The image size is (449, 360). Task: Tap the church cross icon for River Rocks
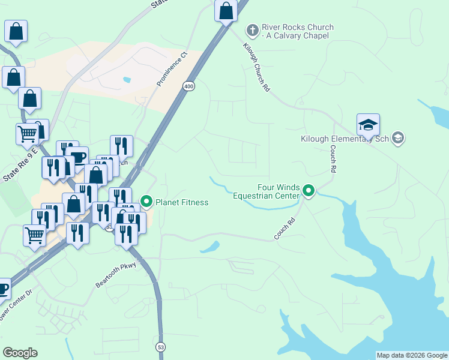click(253, 28)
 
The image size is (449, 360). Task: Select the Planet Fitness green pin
click(145, 202)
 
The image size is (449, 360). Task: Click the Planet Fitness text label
click(182, 202)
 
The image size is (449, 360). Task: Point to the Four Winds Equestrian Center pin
click(309, 191)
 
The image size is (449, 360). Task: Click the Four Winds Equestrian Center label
click(265, 191)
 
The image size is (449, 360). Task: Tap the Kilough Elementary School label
click(343, 139)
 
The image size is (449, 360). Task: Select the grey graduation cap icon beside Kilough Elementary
click(397, 139)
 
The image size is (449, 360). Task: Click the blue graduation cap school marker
click(368, 125)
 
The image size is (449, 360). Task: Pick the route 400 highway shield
click(189, 86)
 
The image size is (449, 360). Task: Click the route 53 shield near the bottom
click(160, 346)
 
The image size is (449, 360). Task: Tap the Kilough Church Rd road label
click(257, 67)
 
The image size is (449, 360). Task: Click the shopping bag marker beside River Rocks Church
click(226, 11)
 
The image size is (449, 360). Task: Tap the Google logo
click(20, 353)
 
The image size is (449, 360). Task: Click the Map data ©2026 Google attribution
click(411, 355)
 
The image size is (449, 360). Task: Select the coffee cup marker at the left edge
click(3, 289)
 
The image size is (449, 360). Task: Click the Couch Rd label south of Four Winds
click(285, 229)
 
